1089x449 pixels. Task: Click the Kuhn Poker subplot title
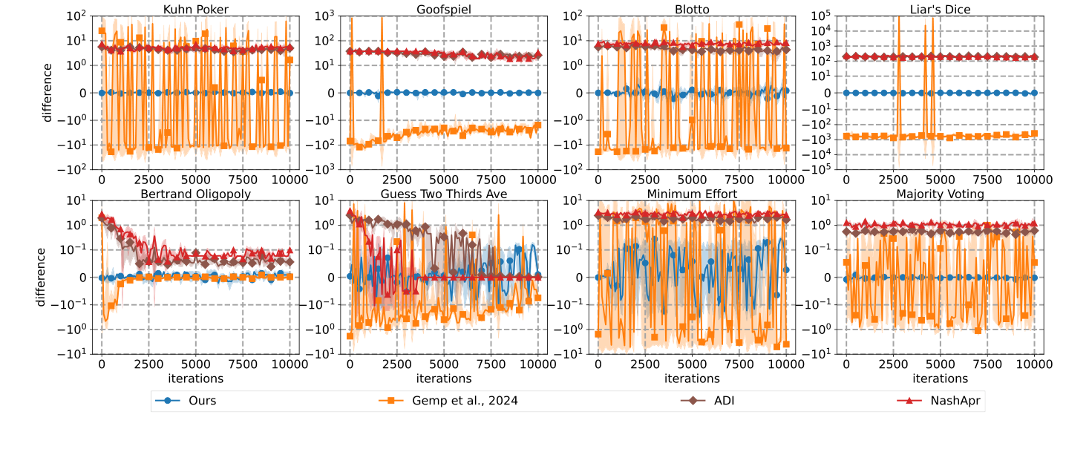coord(196,9)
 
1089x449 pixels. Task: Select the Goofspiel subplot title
coord(444,9)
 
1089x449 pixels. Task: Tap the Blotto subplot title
coord(692,9)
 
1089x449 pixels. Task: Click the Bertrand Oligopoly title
coord(196,194)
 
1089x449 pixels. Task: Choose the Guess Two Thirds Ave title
coord(444,194)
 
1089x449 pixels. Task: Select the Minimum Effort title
coord(692,194)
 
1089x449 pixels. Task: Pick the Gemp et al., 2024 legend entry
coord(462,401)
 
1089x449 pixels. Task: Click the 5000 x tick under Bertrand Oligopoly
coord(196,364)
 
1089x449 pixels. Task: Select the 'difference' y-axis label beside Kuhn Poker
coord(47,93)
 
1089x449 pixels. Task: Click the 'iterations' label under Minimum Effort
coord(692,378)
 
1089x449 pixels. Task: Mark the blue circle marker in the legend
coord(169,401)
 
